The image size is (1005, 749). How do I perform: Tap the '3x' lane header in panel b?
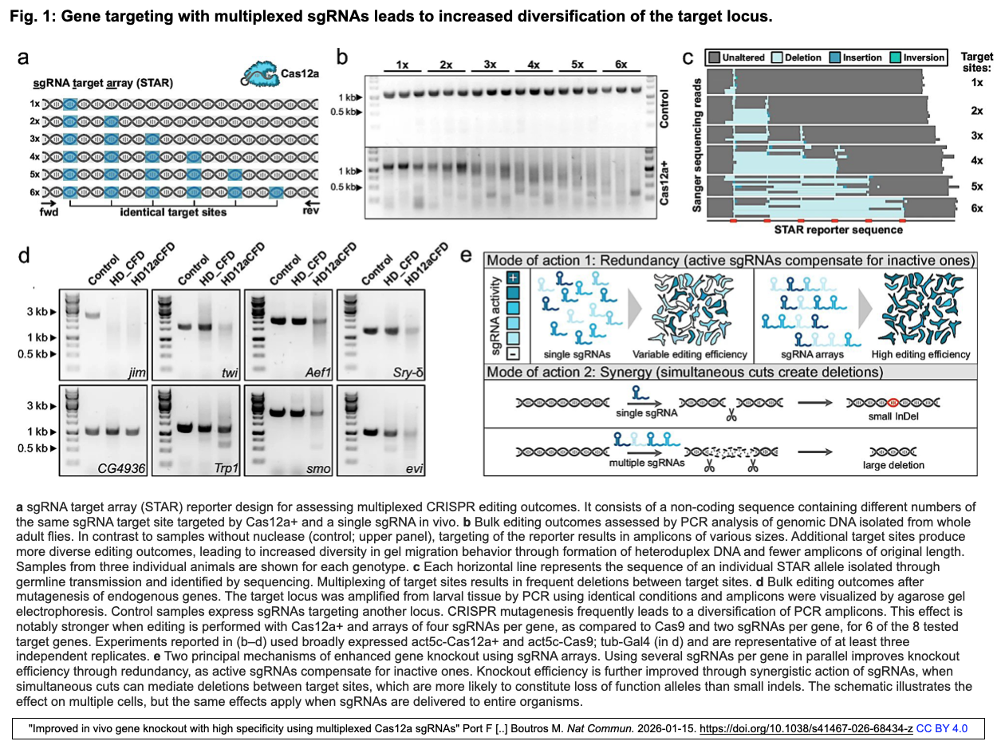click(488, 64)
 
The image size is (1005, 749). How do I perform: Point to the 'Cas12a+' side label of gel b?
click(665, 183)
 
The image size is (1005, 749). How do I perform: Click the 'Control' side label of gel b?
click(665, 108)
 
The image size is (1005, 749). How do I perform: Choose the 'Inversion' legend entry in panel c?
click(917, 57)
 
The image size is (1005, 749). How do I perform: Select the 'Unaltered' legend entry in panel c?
click(737, 57)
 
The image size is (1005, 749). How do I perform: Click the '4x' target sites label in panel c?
click(976, 160)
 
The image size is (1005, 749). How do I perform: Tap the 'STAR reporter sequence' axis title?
click(837, 230)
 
